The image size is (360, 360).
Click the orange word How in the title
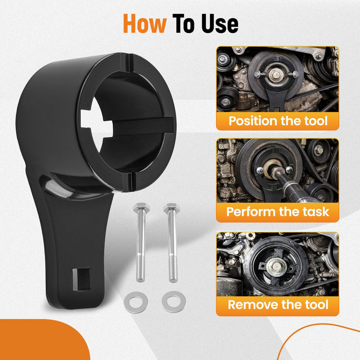click(x=144, y=24)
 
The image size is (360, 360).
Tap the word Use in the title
click(x=220, y=24)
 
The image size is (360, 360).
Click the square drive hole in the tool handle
click(x=81, y=279)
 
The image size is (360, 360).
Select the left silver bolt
click(x=141, y=242)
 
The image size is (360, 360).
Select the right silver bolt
click(x=172, y=242)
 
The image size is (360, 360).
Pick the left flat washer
click(x=136, y=302)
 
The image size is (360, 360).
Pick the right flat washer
click(x=174, y=302)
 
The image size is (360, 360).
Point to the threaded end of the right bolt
click(x=173, y=269)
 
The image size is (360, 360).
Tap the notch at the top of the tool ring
click(x=130, y=62)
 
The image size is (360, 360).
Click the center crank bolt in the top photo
click(x=275, y=74)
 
